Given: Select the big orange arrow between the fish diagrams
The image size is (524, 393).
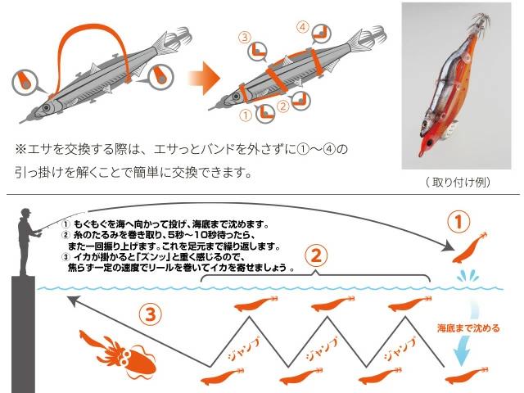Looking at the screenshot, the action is [204, 79].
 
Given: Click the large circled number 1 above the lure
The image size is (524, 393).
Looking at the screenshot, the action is [458, 222].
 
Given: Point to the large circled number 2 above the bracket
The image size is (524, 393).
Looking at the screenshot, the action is [316, 255].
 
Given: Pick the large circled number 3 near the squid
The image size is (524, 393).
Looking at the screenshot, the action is [150, 314].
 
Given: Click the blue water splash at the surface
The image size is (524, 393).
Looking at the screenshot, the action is [468, 276].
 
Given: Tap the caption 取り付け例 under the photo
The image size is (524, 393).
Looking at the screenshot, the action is [458, 182].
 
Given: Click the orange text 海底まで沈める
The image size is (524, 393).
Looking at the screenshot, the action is [468, 327].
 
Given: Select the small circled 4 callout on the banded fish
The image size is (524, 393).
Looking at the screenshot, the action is [303, 27].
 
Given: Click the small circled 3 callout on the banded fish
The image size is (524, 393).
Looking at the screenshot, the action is [245, 37].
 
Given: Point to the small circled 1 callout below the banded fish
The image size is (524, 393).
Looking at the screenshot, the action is [246, 115].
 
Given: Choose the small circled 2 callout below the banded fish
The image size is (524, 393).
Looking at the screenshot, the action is [283, 106].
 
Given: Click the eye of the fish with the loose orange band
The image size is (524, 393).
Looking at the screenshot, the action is [46, 108].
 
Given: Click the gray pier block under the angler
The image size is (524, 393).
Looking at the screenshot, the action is [23, 335].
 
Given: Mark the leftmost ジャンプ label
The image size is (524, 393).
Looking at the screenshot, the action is [244, 350].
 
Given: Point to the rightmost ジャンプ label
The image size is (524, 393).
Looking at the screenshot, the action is [400, 350].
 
